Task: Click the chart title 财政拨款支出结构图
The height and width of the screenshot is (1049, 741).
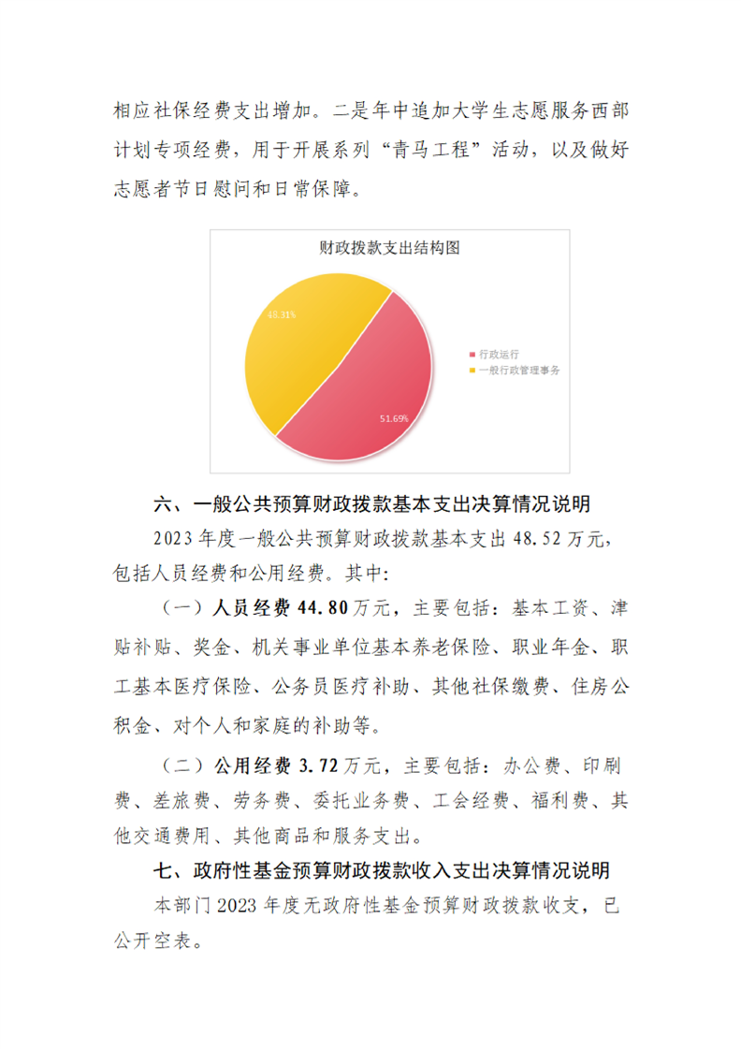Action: click(388, 249)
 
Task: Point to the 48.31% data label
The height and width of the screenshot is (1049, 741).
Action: click(282, 314)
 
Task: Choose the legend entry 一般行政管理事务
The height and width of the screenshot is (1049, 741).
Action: click(518, 372)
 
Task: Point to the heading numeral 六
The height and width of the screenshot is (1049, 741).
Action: click(164, 505)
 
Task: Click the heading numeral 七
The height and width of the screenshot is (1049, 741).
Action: click(164, 871)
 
